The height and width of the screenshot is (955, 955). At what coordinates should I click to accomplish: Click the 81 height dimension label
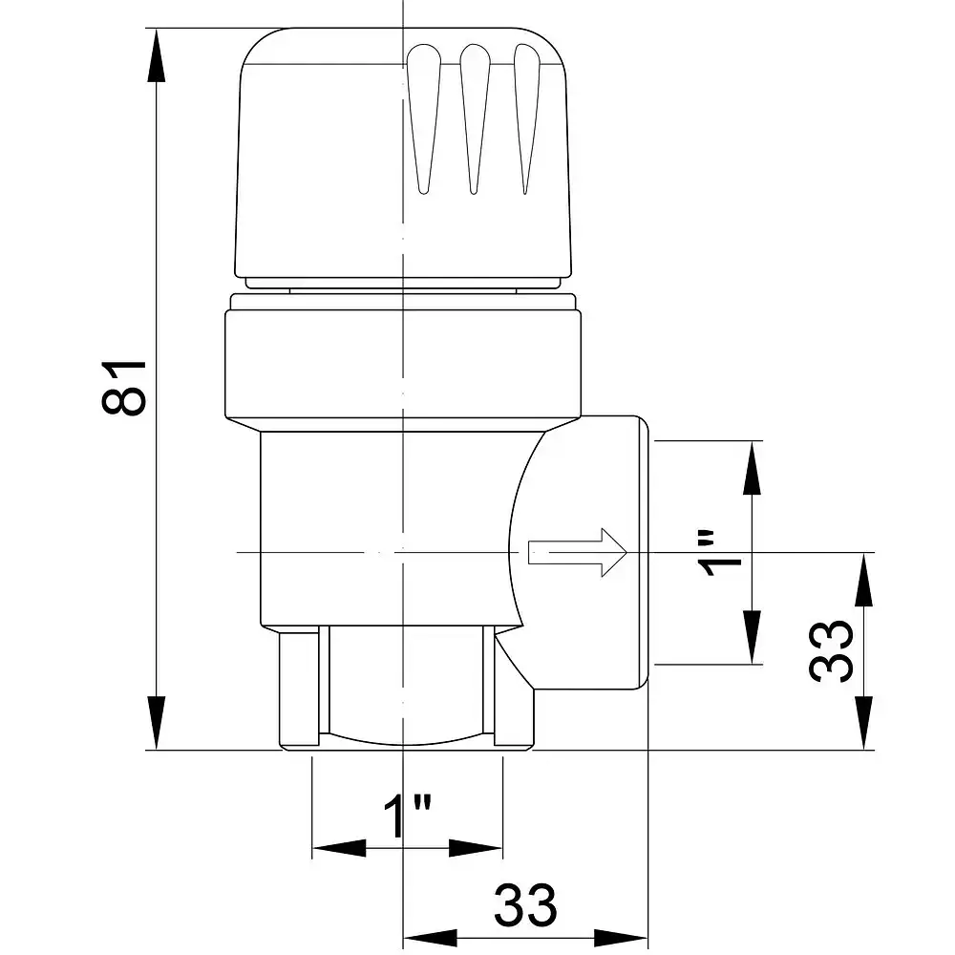click(x=124, y=388)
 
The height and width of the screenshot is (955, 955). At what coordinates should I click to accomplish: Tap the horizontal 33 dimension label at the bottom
click(x=525, y=905)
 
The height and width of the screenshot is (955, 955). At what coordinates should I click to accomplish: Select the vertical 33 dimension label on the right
click(x=831, y=651)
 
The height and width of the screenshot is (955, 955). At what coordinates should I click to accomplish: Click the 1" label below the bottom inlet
click(x=408, y=815)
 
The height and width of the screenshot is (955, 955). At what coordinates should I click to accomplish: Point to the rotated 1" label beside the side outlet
click(x=719, y=553)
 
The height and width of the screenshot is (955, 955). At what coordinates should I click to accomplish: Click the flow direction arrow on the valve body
click(x=577, y=552)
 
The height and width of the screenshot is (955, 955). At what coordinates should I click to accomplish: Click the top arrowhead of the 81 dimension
click(x=157, y=54)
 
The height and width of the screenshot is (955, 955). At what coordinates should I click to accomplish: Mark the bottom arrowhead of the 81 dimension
click(x=157, y=723)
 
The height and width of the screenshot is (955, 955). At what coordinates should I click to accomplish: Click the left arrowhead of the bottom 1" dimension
click(x=339, y=848)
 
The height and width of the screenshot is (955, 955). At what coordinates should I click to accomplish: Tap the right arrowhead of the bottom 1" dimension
click(x=476, y=848)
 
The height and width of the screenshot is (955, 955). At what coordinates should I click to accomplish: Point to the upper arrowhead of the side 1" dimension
click(x=753, y=468)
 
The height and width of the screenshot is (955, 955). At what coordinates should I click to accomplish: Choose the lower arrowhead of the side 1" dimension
click(x=753, y=637)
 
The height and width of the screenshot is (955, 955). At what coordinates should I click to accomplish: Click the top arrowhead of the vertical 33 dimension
click(x=863, y=580)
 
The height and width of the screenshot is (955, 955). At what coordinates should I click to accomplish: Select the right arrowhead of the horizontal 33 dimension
click(x=621, y=938)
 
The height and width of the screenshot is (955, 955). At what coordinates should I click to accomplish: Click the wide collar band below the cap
click(x=403, y=364)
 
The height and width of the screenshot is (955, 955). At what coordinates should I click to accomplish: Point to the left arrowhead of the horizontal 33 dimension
click(x=431, y=938)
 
